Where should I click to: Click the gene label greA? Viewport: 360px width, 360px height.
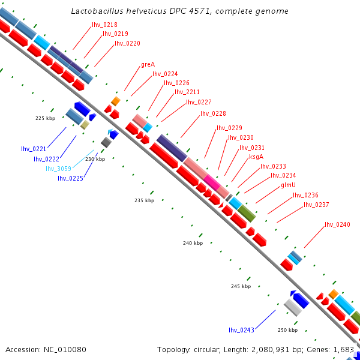(x=148, y=64)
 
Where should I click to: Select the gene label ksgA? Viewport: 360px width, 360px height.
(x=256, y=157)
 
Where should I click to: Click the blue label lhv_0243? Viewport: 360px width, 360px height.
(x=241, y=330)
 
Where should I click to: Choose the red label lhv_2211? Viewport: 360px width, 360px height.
(x=187, y=92)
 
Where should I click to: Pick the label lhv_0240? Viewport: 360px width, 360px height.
(x=337, y=224)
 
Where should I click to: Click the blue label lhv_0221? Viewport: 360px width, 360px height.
(x=34, y=148)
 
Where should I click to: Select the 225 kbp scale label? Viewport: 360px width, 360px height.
(x=45, y=118)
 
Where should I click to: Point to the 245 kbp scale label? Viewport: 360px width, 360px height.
(x=241, y=286)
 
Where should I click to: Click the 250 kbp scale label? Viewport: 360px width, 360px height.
(x=287, y=330)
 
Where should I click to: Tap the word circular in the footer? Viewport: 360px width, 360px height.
(x=212, y=349)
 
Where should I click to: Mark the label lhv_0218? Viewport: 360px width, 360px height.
(x=104, y=25)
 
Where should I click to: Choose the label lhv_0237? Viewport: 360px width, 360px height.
(x=316, y=205)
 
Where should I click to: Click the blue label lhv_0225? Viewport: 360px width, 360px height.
(x=70, y=178)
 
